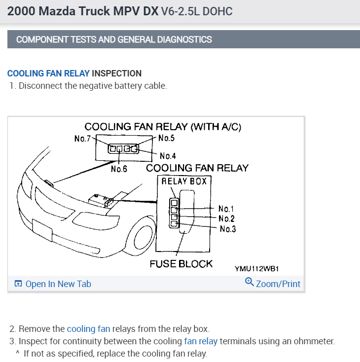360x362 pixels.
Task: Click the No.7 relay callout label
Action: click(x=82, y=139)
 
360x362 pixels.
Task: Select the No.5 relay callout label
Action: click(x=167, y=138)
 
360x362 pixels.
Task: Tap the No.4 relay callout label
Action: click(x=168, y=156)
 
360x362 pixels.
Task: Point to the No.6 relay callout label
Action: click(x=119, y=169)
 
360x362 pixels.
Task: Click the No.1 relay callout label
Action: click(x=227, y=209)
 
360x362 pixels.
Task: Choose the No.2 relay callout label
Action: click(x=227, y=218)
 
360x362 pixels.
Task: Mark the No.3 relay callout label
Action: click(x=228, y=229)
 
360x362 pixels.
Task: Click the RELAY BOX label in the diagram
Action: click(x=184, y=181)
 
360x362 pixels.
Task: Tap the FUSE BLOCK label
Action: click(x=181, y=264)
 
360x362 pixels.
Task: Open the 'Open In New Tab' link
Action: click(x=58, y=284)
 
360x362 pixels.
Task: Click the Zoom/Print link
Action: click(x=278, y=284)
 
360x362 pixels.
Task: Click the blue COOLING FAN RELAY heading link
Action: click(x=48, y=73)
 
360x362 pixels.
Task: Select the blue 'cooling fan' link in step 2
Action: click(x=88, y=328)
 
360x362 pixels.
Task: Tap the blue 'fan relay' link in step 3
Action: click(x=201, y=341)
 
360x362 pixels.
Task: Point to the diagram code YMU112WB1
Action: click(x=257, y=269)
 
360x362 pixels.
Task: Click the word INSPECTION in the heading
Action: click(x=117, y=73)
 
